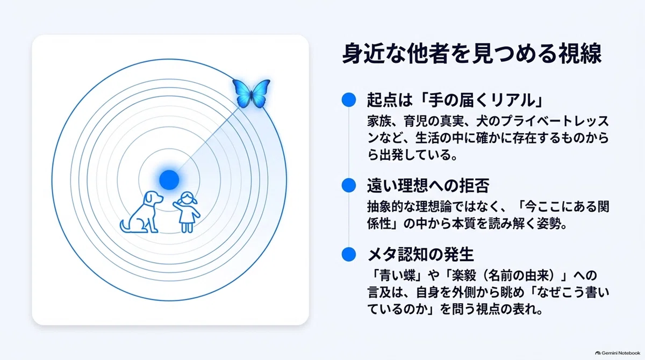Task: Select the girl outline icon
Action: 187,212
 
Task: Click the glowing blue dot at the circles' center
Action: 169,180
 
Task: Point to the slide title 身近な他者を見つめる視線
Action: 472,53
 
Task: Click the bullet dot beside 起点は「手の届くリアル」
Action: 349,100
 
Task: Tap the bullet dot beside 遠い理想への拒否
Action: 349,185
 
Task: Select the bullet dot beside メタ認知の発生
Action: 349,254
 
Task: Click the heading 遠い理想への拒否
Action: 428,185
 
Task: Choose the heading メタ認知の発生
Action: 421,255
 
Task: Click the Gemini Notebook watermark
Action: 618,353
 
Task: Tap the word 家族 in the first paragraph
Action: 379,121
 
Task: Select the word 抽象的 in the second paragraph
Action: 385,207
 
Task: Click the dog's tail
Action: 124,226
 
